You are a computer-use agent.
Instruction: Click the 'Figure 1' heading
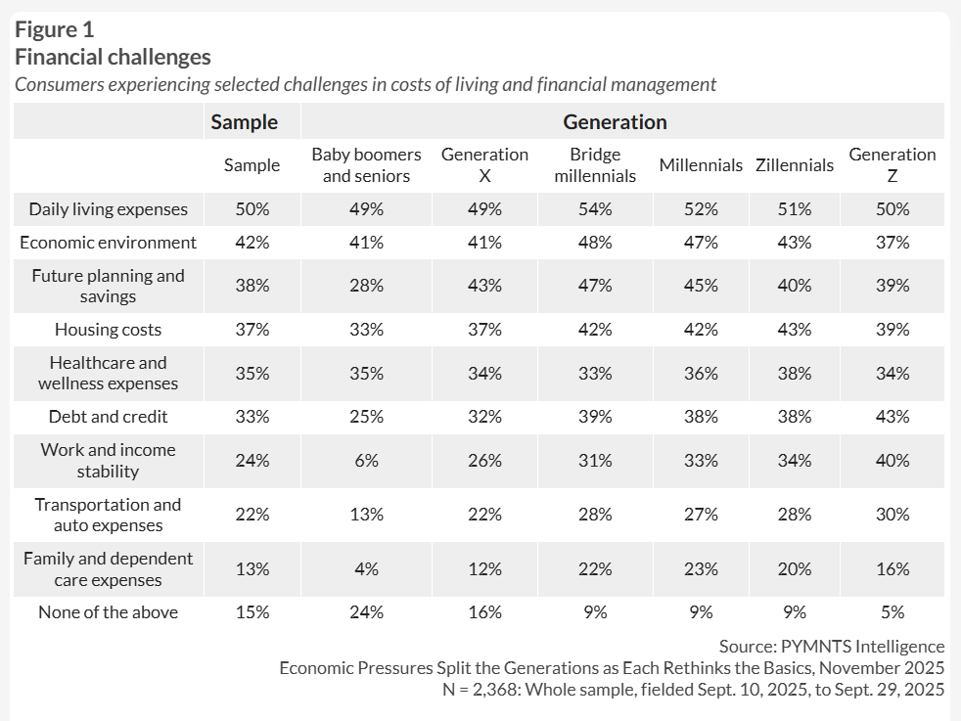coord(54,29)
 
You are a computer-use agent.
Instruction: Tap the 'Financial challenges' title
coord(113,58)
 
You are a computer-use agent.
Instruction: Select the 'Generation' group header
coord(615,122)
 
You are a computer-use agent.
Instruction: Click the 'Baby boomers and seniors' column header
coord(366,165)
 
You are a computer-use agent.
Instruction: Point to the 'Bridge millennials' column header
coord(595,165)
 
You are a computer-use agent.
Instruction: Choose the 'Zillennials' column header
coord(795,165)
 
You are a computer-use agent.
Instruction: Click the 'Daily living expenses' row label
coord(109,208)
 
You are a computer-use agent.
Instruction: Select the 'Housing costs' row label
coord(109,330)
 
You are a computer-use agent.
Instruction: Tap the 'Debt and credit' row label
coord(109,417)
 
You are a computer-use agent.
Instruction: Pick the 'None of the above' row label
coord(109,612)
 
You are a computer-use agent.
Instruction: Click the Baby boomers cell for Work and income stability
coord(366,461)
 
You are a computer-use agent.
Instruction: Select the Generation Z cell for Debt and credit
coord(892,417)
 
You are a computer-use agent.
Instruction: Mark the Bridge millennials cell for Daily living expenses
coord(595,208)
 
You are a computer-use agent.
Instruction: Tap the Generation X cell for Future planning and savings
coord(484,286)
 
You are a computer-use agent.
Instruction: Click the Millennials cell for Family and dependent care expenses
coord(701,569)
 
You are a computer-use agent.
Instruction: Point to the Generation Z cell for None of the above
coord(892,612)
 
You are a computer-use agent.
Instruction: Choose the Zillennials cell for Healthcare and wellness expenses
coord(795,374)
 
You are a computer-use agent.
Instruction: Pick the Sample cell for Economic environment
coord(252,243)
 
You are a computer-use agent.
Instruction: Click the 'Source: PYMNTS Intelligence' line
coord(831,647)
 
